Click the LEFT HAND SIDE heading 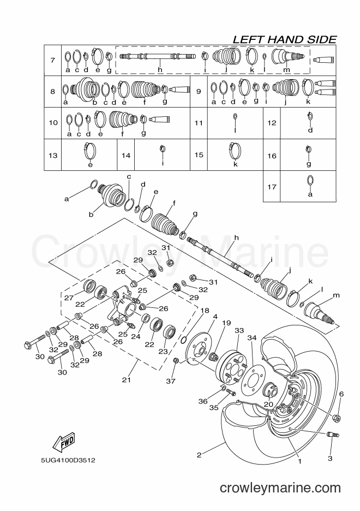285,39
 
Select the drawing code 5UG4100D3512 68,460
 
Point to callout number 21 127,379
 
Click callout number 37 171,381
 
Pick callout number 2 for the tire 199,455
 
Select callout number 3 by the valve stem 330,458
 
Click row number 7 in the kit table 53,60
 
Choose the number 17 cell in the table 272,187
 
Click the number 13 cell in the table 53,155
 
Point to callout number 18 205,310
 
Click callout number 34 252,337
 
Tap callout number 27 69,298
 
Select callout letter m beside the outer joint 336,295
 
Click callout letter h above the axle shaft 237,237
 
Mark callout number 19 226,323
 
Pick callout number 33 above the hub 239,330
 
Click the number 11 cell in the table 199,123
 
